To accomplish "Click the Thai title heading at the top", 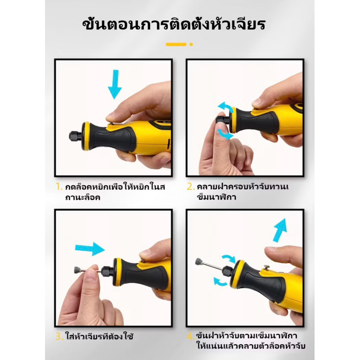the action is [174, 24].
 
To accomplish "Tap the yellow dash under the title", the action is [176, 44].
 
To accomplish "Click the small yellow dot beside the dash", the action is [191, 45].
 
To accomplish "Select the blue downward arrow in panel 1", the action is [115, 84].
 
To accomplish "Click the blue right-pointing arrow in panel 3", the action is [90, 249].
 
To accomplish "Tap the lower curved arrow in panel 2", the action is [225, 134].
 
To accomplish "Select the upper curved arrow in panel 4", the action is [229, 258].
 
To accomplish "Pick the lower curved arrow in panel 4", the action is [220, 282].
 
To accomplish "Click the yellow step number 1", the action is [59, 187].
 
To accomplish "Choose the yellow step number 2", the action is [190, 187].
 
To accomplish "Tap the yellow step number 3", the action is [59, 337].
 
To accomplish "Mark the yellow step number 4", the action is [190, 337].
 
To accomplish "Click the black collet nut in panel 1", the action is [75, 136].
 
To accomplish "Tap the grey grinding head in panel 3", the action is [78, 270].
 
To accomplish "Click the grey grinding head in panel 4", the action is [199, 261].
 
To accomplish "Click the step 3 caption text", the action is [99, 337].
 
